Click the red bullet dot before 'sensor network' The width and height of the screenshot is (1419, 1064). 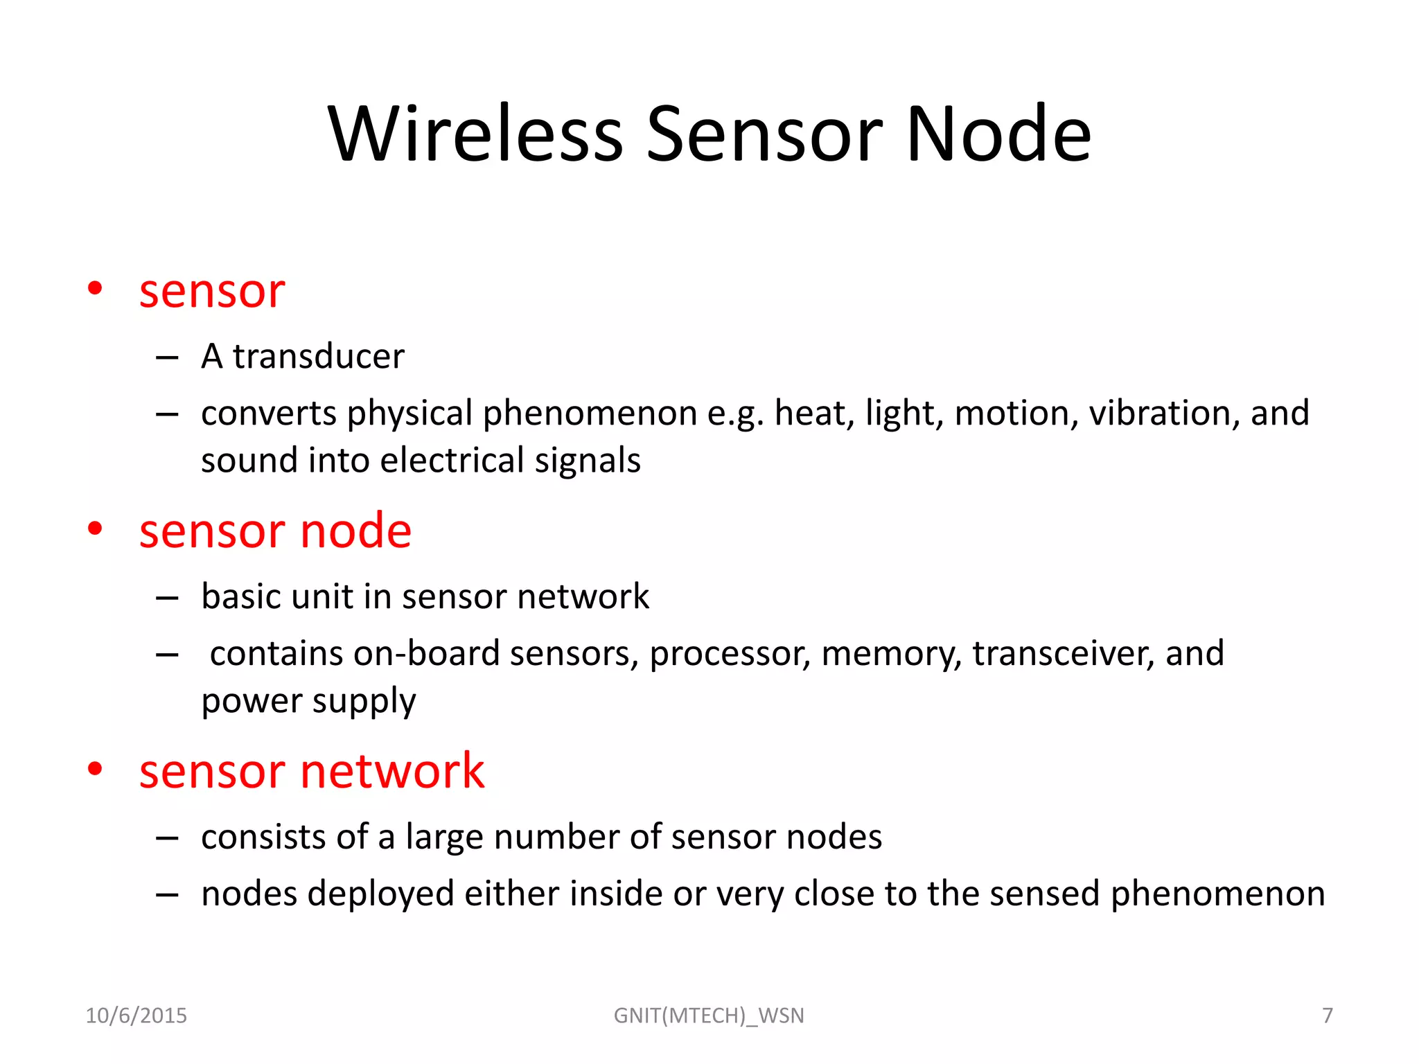(x=95, y=768)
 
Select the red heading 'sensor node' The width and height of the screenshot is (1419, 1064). (x=275, y=531)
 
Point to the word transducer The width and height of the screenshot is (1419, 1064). (x=318, y=357)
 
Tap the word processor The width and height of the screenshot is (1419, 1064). (x=730, y=654)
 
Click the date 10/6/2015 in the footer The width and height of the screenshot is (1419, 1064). (x=136, y=1016)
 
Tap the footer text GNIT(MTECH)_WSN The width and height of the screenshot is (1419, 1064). (x=709, y=1016)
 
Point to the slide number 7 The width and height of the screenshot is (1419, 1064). (x=1328, y=1016)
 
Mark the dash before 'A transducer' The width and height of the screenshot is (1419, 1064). (x=167, y=357)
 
